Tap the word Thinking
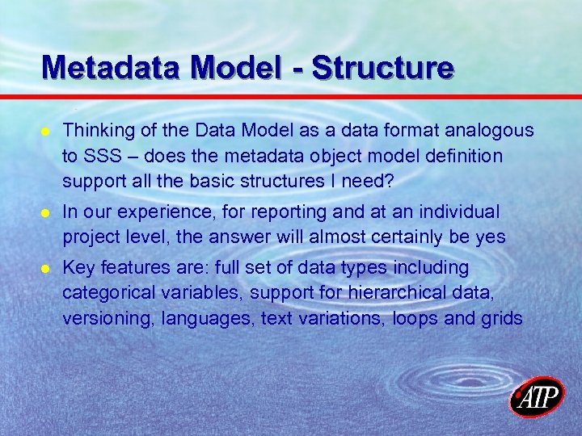[x=96, y=131]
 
